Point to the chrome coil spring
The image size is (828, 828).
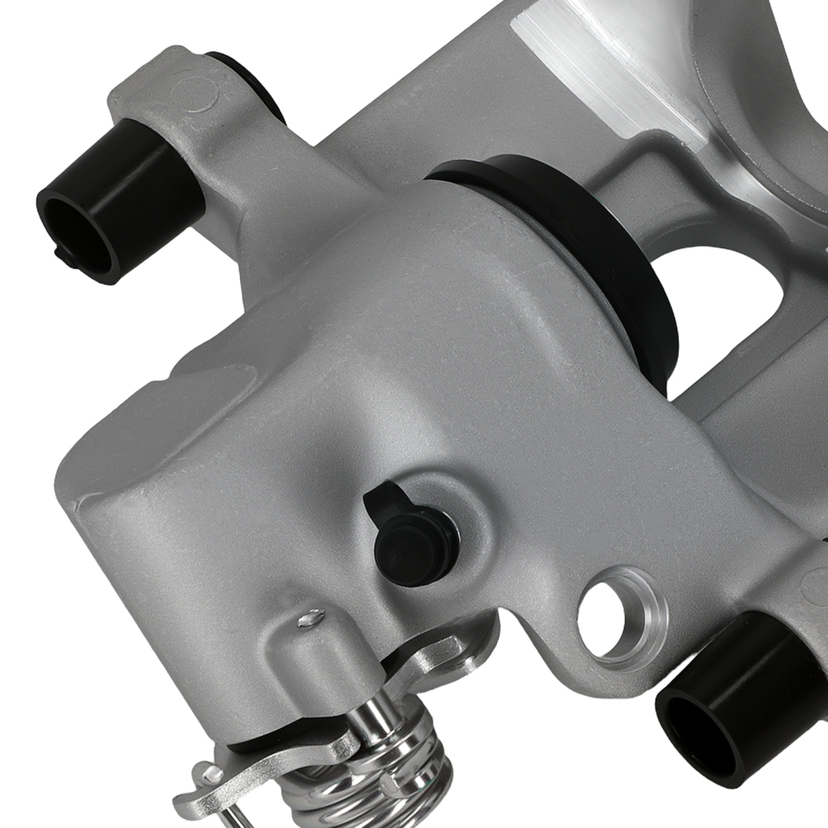pyautogui.click(x=389, y=770)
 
